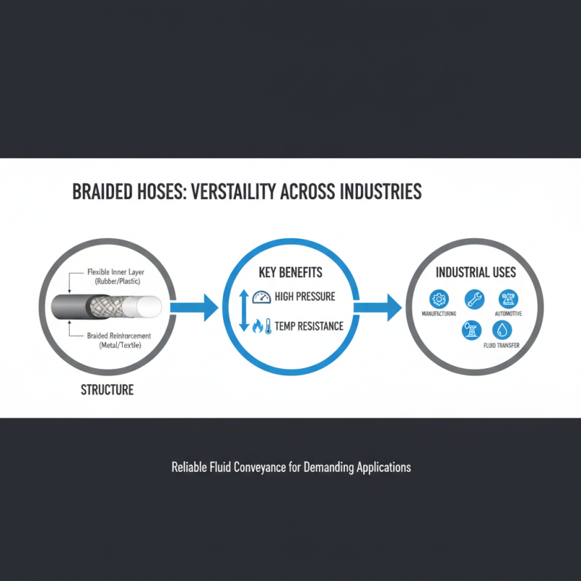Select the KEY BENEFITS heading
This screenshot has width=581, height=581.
pos(290,273)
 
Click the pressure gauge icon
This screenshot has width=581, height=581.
pos(261,297)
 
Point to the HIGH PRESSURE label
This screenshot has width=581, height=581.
pos(304,298)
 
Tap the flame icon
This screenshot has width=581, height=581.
pos(257,327)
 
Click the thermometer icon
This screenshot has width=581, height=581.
pos(268,326)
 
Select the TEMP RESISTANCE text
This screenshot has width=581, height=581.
pos(309,327)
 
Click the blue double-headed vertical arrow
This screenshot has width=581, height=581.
pos(243,311)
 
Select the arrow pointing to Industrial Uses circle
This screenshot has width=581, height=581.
pos(381,308)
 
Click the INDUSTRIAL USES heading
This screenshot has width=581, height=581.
pos(476,273)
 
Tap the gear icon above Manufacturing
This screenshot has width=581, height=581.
pos(438,298)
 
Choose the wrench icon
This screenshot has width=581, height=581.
pos(474,298)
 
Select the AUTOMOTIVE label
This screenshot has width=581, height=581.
pos(508,314)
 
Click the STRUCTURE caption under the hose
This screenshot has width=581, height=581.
pos(107,390)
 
